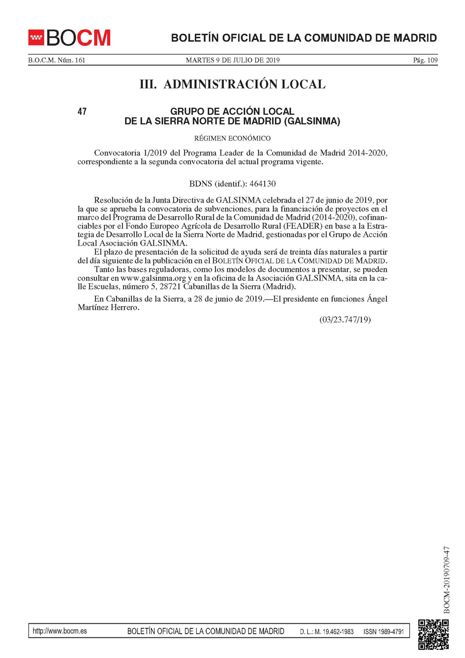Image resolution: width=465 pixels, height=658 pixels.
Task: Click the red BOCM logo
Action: (x=69, y=37)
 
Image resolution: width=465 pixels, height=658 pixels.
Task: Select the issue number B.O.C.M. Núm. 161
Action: (x=56, y=60)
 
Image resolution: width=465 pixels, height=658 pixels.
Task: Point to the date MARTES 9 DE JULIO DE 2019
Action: (x=233, y=60)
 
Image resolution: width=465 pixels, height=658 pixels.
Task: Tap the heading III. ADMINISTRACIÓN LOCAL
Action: (x=233, y=84)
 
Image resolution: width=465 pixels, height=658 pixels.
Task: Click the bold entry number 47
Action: (x=82, y=112)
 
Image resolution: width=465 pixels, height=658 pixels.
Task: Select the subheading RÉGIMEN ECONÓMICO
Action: (x=232, y=138)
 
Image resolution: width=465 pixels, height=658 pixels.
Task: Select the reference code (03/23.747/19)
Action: (x=345, y=319)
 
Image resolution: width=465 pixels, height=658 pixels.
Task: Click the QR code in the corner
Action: (x=433, y=634)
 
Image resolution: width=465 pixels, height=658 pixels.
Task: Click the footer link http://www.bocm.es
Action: (x=59, y=631)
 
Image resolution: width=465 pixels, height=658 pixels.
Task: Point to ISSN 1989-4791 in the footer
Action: (x=383, y=632)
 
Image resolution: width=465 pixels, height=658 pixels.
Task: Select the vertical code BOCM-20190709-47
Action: (x=447, y=579)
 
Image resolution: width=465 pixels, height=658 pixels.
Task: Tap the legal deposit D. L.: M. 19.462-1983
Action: (x=327, y=632)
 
